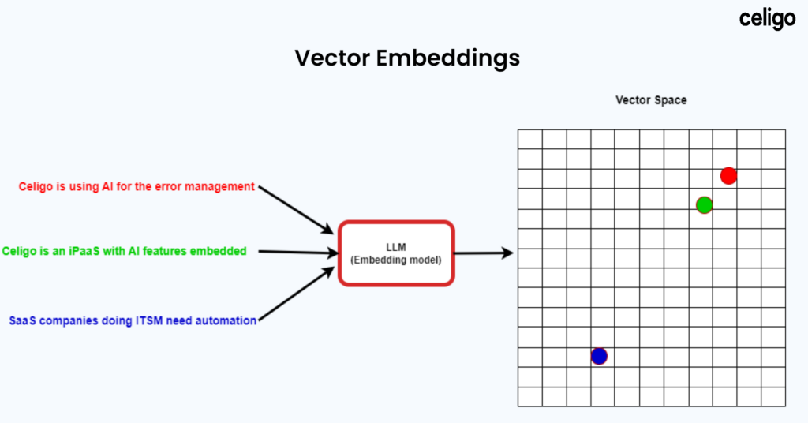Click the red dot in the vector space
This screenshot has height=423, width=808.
(728, 176)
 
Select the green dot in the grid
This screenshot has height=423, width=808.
(705, 205)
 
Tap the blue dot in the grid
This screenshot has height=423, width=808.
(599, 356)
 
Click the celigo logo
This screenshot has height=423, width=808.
(767, 19)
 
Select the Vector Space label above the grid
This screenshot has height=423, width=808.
(651, 101)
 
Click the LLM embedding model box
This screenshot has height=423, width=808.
(396, 253)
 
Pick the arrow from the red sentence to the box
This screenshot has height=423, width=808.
(296, 210)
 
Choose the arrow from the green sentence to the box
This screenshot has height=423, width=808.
(296, 253)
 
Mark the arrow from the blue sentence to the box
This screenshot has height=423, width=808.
(296, 295)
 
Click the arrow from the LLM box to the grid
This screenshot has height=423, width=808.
(484, 253)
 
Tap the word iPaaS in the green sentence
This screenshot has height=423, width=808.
(95, 251)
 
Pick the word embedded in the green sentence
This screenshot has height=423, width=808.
(219, 251)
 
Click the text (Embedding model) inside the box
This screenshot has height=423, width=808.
(396, 260)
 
